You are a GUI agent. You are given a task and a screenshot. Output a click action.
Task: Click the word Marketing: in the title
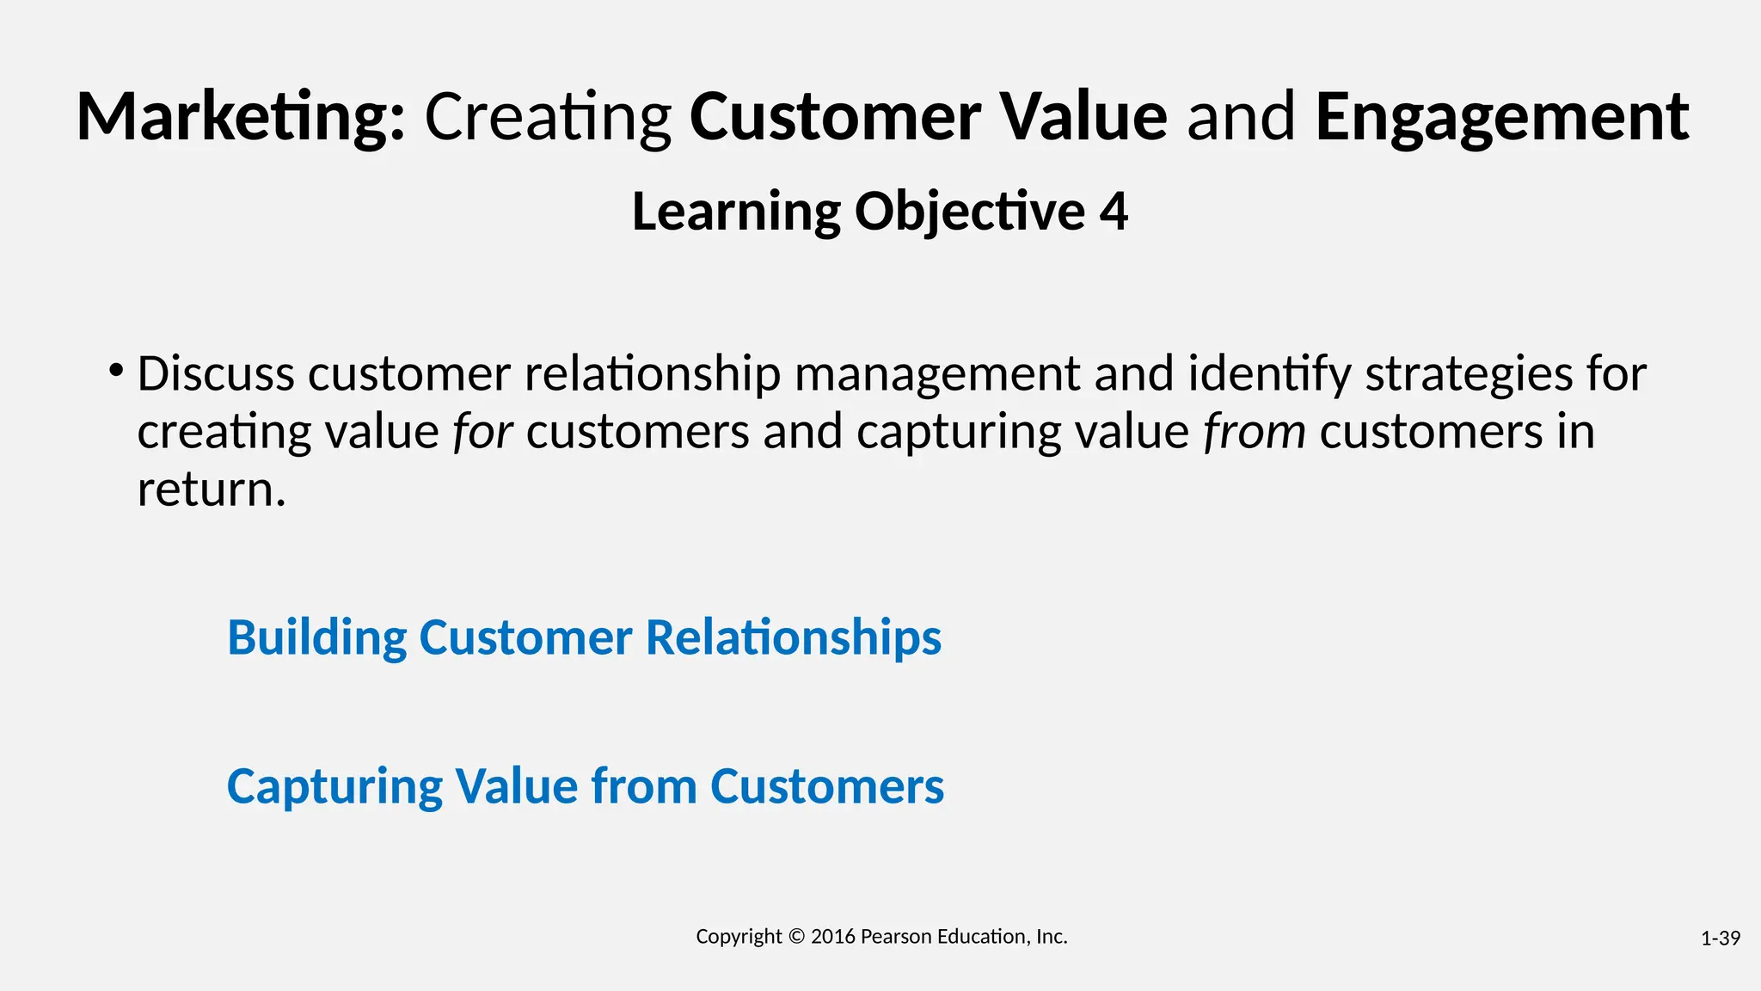pos(241,117)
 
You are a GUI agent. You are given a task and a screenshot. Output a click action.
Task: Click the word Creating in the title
pos(548,117)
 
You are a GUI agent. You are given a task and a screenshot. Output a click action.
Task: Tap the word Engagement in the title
pos(1501,117)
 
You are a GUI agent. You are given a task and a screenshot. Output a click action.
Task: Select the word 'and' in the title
pos(1241,117)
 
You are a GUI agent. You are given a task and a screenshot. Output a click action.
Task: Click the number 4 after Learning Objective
pos(1113,212)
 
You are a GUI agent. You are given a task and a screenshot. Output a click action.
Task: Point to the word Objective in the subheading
pos(970,212)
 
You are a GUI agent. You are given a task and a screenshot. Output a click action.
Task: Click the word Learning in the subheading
pos(736,212)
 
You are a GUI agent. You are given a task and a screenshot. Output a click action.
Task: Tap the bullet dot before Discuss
pos(116,372)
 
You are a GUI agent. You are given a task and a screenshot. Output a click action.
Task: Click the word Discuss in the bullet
pos(216,374)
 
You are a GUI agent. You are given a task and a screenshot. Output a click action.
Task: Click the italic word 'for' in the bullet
pos(483,432)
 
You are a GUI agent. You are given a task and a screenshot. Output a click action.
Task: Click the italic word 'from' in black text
pos(1255,432)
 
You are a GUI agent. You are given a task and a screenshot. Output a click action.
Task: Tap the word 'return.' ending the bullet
pos(212,489)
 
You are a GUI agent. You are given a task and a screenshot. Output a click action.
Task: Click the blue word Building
pos(316,638)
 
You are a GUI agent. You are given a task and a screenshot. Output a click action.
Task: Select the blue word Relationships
pos(793,638)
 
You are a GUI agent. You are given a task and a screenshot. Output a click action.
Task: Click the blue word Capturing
pos(334,786)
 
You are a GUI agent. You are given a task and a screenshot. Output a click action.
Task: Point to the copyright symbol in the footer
pos(796,937)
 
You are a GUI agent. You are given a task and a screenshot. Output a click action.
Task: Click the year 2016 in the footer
pos(832,937)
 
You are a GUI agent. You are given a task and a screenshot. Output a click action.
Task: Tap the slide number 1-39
pos(1720,939)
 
